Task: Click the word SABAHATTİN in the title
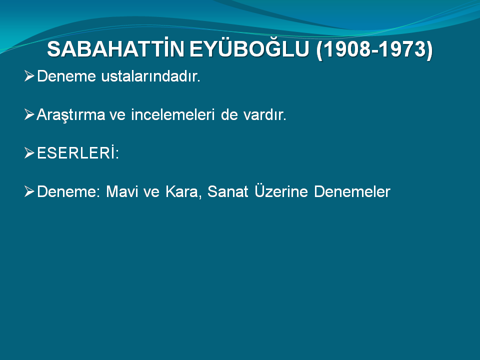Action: point(115,49)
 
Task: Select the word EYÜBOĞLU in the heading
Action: point(249,49)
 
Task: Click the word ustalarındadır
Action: point(150,76)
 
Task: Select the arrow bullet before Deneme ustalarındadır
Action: point(29,76)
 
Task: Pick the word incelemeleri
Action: point(172,115)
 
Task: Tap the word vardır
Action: point(264,115)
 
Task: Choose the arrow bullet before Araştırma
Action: point(29,114)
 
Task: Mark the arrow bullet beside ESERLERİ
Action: point(29,153)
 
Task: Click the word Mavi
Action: point(122,191)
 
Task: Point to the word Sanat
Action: point(228,191)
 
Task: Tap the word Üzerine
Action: point(281,191)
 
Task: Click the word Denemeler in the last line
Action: point(352,191)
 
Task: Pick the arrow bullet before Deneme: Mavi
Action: point(29,191)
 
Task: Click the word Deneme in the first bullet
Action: point(66,76)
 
